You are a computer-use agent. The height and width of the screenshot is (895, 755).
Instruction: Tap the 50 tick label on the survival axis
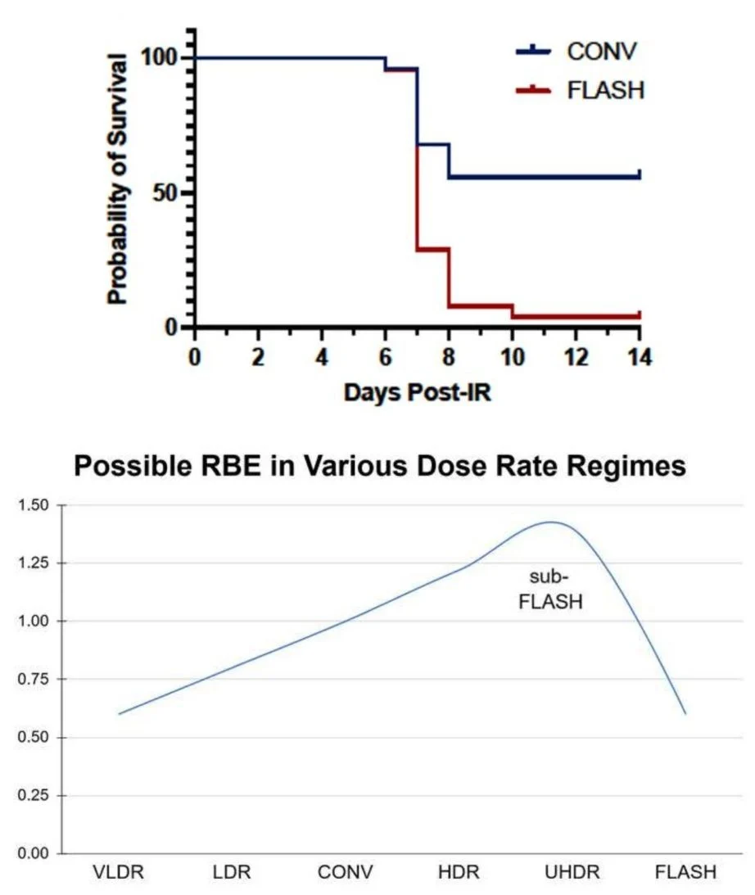point(166,193)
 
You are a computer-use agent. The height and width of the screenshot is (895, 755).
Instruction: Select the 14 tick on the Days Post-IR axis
point(639,358)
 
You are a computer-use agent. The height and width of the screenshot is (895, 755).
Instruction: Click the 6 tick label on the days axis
point(385,358)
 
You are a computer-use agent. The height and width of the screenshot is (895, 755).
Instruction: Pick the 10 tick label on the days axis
point(512,358)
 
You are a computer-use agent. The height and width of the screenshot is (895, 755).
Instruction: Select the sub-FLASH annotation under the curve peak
point(551,592)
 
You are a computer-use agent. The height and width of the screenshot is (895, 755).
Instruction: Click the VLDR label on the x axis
point(119,872)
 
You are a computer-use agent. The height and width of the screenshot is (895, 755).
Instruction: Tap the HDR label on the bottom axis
point(453,872)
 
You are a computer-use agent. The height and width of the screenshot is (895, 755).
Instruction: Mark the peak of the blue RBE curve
point(551,522)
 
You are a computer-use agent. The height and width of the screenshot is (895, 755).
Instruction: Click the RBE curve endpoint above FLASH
point(685,714)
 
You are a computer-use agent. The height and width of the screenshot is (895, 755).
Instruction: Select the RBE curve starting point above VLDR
point(119,714)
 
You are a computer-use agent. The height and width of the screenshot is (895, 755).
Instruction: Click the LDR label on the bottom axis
point(230,872)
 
